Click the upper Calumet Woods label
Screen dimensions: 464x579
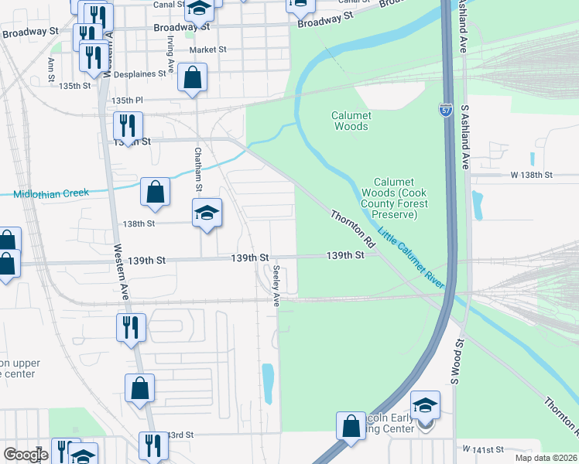click(351, 121)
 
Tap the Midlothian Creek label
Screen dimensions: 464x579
click(51, 193)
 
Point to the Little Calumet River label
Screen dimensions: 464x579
click(411, 258)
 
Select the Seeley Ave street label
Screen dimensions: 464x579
click(276, 285)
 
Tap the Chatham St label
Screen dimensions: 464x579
click(198, 169)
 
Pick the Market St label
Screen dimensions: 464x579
click(207, 49)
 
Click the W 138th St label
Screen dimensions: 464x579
click(532, 176)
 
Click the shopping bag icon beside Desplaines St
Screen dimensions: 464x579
click(192, 78)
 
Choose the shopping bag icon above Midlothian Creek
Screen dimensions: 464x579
click(156, 192)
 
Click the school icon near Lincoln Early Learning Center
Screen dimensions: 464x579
click(425, 404)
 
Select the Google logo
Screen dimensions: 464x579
click(26, 455)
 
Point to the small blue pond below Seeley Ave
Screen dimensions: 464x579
click(268, 384)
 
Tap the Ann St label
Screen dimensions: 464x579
click(51, 70)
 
